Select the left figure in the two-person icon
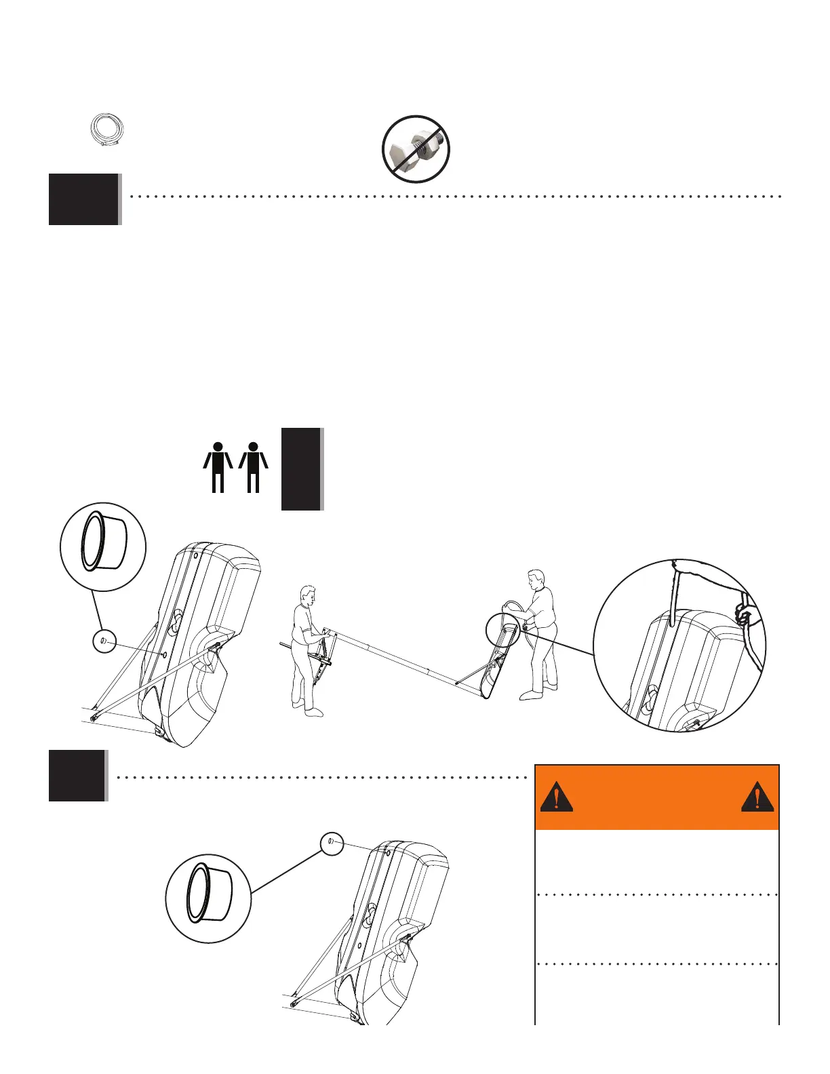pos(218,466)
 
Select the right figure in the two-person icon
pos(254,466)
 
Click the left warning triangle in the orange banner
pos(556,797)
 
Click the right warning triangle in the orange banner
pos(757,797)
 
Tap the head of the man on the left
pos(309,595)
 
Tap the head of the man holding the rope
pos(536,580)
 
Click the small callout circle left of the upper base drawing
pos(104,641)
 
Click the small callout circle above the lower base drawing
pos(332,843)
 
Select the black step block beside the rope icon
pos(83,199)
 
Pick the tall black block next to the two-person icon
pos(301,469)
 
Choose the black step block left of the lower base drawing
pos(77,776)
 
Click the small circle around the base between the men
pos(502,631)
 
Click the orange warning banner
pos(656,797)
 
